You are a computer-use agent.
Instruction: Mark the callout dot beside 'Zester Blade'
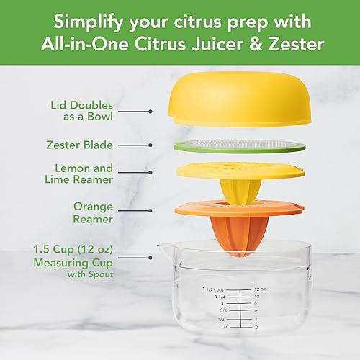[x=150, y=145]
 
